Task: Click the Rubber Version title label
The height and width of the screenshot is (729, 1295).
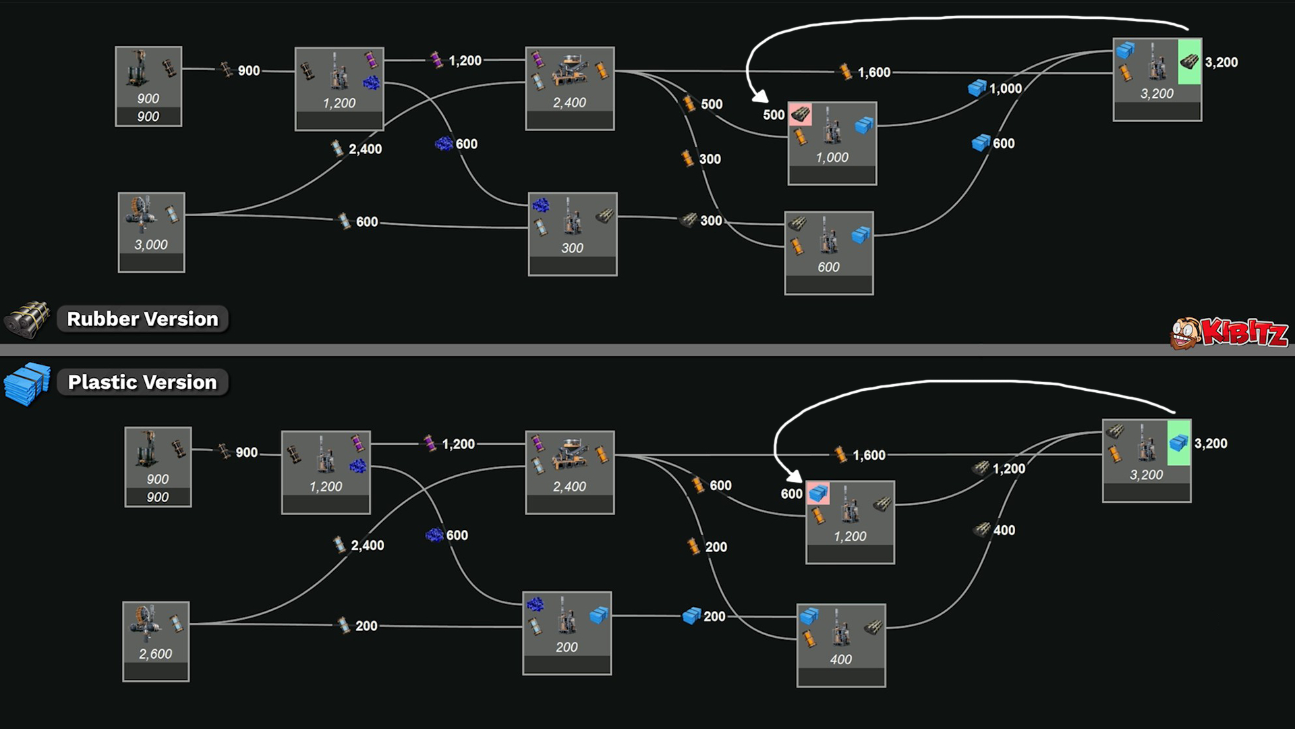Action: [x=142, y=319]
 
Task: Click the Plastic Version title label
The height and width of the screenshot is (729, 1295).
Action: [x=142, y=382]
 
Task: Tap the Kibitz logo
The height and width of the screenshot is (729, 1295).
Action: [x=1229, y=332]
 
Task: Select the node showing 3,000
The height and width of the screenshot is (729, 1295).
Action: [x=151, y=232]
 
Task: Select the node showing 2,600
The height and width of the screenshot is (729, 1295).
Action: [x=156, y=641]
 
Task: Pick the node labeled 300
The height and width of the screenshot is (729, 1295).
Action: [x=573, y=234]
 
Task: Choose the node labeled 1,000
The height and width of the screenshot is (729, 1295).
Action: [x=832, y=143]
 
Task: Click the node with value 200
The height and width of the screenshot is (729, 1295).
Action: [x=567, y=633]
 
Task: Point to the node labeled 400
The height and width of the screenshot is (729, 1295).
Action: [x=841, y=645]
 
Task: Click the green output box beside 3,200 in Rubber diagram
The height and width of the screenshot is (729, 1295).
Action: [x=1189, y=61]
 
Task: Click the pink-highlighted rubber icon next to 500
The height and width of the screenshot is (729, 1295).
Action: [x=801, y=114]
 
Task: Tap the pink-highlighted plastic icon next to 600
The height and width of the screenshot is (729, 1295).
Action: [x=818, y=493]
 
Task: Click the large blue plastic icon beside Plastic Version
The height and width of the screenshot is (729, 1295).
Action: [x=27, y=383]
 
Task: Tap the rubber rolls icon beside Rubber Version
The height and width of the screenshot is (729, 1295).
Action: [x=27, y=319]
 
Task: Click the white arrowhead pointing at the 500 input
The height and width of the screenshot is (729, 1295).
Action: [x=760, y=97]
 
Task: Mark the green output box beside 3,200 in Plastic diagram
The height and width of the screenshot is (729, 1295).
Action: [x=1178, y=443]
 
